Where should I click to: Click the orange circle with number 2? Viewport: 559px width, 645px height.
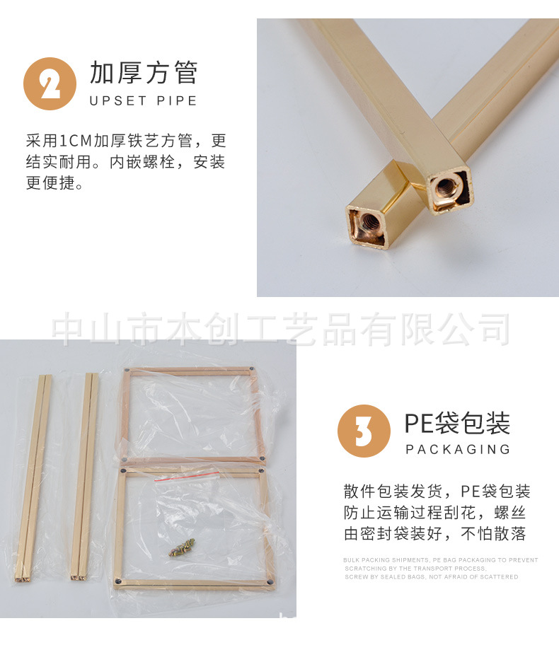point(50,83)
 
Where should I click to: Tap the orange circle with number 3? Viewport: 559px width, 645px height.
point(364,431)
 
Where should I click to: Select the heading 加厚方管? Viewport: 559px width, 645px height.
point(144,73)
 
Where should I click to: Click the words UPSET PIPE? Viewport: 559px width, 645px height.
point(144,100)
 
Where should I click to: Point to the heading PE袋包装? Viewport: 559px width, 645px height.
point(457,423)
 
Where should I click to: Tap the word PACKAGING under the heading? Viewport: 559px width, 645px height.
point(458,449)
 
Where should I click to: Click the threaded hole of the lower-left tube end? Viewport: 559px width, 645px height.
point(369,226)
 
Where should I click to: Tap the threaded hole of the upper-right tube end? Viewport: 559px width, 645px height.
point(446,187)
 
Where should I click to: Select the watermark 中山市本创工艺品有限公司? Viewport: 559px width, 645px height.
point(282,330)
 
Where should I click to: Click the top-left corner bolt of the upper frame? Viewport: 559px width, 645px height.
point(127,369)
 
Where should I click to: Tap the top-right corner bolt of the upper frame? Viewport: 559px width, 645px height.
point(252,369)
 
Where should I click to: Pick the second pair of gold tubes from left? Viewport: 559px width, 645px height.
point(84,477)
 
